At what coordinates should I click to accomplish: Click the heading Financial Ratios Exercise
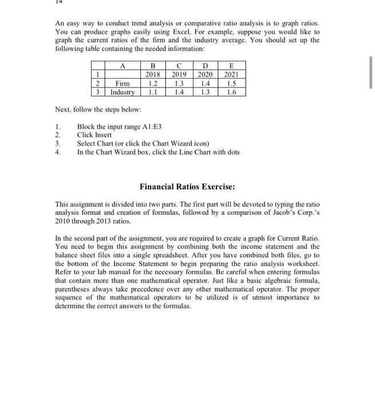click(188, 187)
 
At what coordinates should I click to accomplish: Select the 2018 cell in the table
click(153, 74)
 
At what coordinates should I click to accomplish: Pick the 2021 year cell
click(232, 74)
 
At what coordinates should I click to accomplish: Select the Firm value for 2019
click(179, 83)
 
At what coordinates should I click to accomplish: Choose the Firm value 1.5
click(232, 83)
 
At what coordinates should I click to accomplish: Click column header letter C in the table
click(179, 65)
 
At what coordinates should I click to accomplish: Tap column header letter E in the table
click(232, 65)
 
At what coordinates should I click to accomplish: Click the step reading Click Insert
click(94, 135)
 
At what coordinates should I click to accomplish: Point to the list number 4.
click(57, 152)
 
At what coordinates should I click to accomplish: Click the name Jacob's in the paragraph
click(270, 213)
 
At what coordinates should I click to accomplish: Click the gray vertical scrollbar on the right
click(371, 73)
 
